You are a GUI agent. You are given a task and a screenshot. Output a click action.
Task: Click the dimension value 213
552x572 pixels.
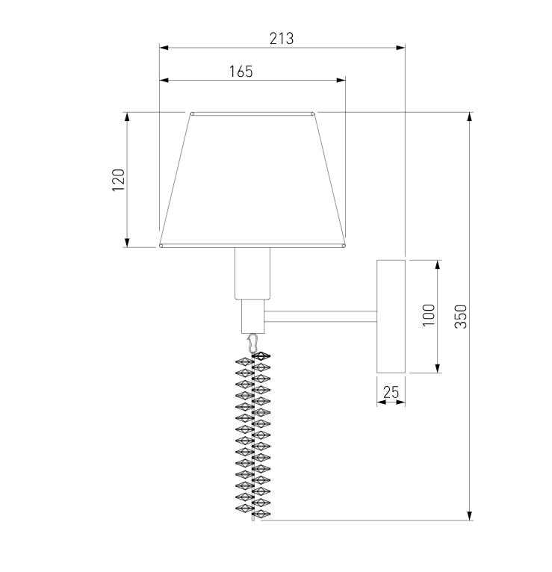(282, 38)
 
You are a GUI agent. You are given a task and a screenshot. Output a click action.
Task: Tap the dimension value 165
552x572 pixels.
(241, 72)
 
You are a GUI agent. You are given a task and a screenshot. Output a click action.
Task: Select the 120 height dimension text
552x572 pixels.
(118, 180)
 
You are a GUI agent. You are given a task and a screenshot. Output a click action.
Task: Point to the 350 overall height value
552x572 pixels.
(460, 317)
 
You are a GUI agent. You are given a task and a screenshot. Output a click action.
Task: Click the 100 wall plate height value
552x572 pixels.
(429, 315)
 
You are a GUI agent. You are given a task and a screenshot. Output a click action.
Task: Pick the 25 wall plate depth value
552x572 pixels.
(391, 392)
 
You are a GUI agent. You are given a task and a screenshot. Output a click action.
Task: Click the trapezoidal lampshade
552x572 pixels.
(252, 180)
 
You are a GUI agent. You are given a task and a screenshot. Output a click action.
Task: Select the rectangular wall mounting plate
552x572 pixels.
(391, 317)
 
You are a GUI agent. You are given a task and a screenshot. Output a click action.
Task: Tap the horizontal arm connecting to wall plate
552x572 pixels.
(320, 317)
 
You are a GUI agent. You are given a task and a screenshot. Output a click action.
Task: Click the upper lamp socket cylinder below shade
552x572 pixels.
(252, 273)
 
